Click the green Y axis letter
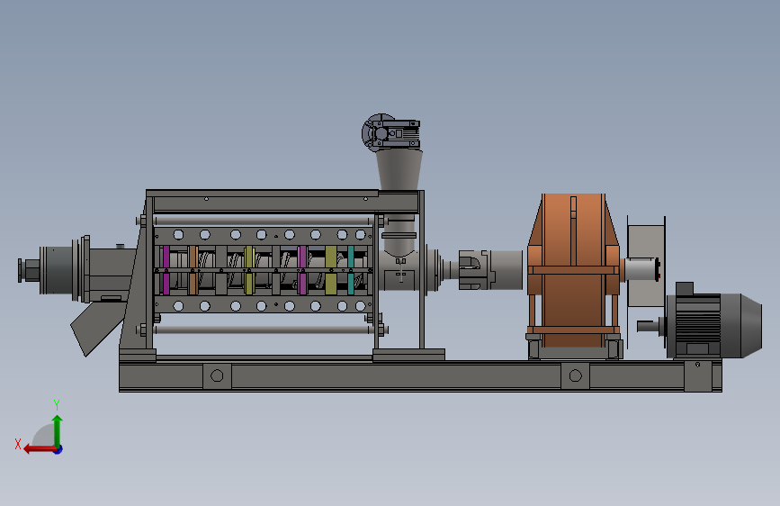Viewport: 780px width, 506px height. [x=57, y=404]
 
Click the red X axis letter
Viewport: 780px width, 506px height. [x=18, y=444]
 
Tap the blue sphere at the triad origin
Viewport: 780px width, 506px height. [x=58, y=449]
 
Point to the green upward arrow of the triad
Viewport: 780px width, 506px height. [x=58, y=431]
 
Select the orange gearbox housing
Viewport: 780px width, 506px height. [x=574, y=270]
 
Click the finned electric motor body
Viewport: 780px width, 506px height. [x=694, y=325]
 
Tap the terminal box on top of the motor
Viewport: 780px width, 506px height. [x=685, y=289]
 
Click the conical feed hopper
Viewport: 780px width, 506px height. [x=399, y=170]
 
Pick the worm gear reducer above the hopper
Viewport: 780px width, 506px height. [x=391, y=132]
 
